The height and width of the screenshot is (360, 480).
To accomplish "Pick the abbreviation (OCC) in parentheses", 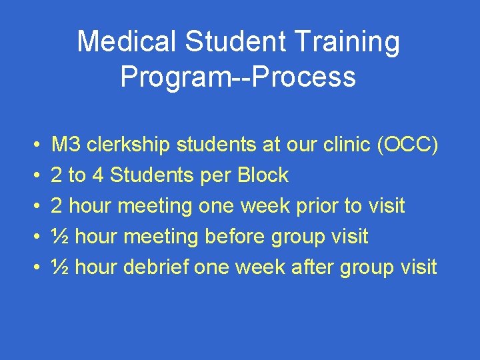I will (407, 145).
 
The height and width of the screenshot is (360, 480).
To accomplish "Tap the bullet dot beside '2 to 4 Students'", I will (34, 176).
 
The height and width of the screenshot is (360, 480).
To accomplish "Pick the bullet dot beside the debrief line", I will (34, 268).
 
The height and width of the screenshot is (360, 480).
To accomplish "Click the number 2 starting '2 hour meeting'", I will (57, 206).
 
